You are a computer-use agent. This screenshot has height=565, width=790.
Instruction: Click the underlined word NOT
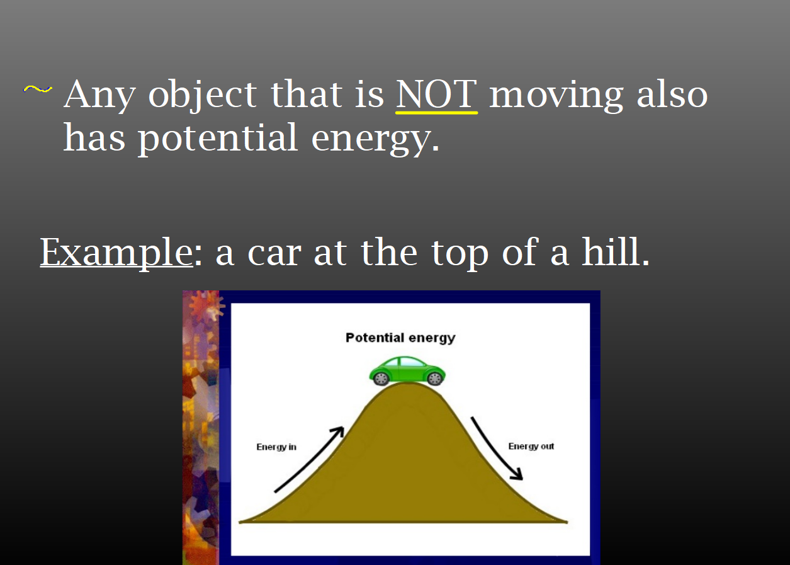[x=437, y=94]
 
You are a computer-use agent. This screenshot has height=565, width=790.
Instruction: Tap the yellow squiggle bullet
[x=38, y=89]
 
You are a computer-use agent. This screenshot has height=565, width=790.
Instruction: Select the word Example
[x=116, y=253]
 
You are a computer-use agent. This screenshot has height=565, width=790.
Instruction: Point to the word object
[x=203, y=94]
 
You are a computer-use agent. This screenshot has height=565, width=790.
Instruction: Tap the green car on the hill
[x=407, y=370]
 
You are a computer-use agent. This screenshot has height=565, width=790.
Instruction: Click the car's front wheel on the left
[x=381, y=379]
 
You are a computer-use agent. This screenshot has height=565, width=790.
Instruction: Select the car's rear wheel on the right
[x=434, y=379]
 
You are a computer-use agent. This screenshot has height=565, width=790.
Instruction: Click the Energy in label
[x=276, y=447]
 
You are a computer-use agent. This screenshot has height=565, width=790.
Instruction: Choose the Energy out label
[x=531, y=447]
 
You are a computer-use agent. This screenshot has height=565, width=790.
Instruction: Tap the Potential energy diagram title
[x=400, y=338]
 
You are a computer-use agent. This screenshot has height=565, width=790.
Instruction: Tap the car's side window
[x=411, y=362]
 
